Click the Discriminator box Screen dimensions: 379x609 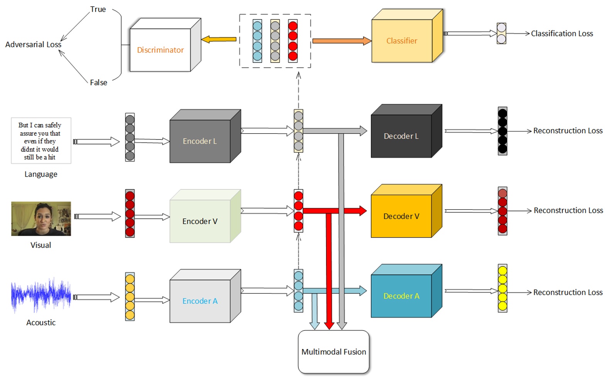(x=161, y=50)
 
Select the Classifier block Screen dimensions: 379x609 (x=402, y=41)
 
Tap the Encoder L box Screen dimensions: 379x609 (x=200, y=141)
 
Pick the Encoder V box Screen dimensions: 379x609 (x=200, y=221)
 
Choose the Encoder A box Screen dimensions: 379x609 (x=200, y=301)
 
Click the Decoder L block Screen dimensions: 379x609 (x=401, y=136)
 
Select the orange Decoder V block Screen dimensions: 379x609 (x=401, y=216)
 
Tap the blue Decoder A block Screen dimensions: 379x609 (x=401, y=296)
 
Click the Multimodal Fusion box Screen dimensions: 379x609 (x=334, y=352)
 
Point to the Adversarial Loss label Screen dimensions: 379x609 (x=33, y=44)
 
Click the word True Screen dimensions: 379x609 (x=98, y=9)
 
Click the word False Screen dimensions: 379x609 (x=98, y=82)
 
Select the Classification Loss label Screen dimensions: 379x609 (x=562, y=34)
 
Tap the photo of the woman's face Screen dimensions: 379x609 (x=41, y=219)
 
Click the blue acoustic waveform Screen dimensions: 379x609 (x=41, y=296)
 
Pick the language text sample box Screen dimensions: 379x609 (x=41, y=141)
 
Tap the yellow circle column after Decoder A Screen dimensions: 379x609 (x=502, y=288)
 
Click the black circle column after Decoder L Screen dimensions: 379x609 (x=502, y=131)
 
